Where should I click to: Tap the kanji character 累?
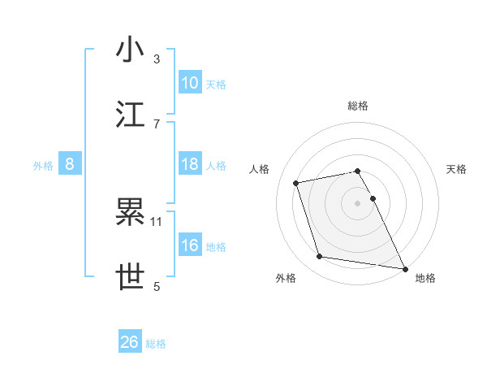[x=131, y=213]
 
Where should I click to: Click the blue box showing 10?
[x=190, y=82]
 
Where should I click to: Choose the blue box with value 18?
[x=190, y=164]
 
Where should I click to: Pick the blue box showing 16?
[x=190, y=245]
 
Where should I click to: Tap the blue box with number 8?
[x=70, y=164]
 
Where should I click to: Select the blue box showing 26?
[x=130, y=342]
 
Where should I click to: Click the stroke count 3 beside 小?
[x=157, y=59]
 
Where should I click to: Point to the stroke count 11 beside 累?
[x=157, y=221]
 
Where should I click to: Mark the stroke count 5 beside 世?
[x=157, y=286]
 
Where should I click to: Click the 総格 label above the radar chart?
[x=358, y=106]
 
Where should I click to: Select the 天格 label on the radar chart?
[x=456, y=169]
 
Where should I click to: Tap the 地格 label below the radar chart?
[x=425, y=278]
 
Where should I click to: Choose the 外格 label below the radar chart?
[x=286, y=278]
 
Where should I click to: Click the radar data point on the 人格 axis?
[x=296, y=182]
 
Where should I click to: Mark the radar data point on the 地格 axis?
[x=404, y=267]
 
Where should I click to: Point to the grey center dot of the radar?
[x=358, y=202]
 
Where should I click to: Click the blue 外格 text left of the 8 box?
[x=43, y=165]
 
